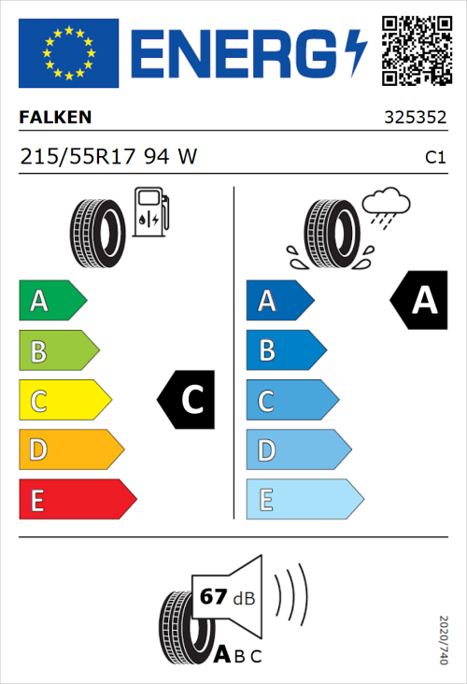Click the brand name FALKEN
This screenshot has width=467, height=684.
click(x=56, y=119)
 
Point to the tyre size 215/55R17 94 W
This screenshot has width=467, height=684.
click(x=108, y=157)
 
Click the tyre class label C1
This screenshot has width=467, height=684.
click(x=434, y=158)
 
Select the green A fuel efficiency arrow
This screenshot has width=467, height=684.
click(x=51, y=301)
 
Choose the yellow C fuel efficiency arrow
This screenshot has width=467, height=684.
click(x=64, y=401)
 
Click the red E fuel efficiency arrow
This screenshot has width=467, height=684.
click(x=77, y=500)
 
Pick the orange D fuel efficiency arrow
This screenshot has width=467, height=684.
click(x=70, y=450)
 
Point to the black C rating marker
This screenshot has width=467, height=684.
click(x=188, y=400)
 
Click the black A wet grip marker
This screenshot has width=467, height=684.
click(x=419, y=301)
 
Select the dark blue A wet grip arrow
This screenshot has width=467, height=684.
click(x=279, y=301)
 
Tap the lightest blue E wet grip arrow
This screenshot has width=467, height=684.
click(x=304, y=500)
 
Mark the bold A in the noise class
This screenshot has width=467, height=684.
click(x=222, y=655)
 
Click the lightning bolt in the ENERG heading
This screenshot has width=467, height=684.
click(x=357, y=52)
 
